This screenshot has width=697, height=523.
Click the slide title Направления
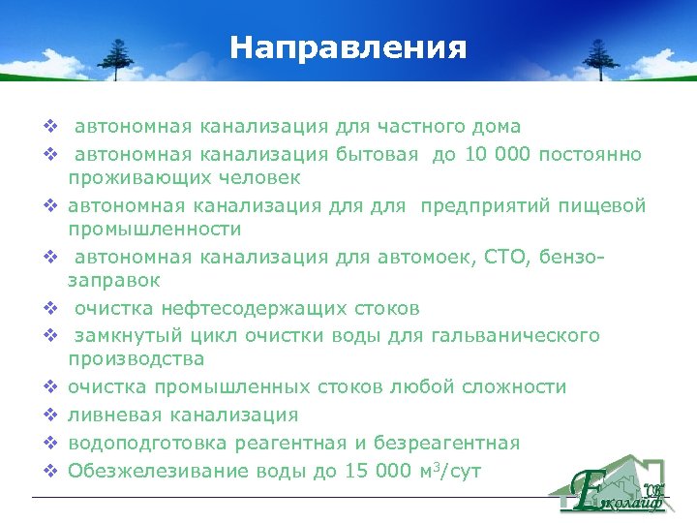click(x=348, y=47)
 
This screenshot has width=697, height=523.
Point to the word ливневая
click(x=107, y=415)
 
